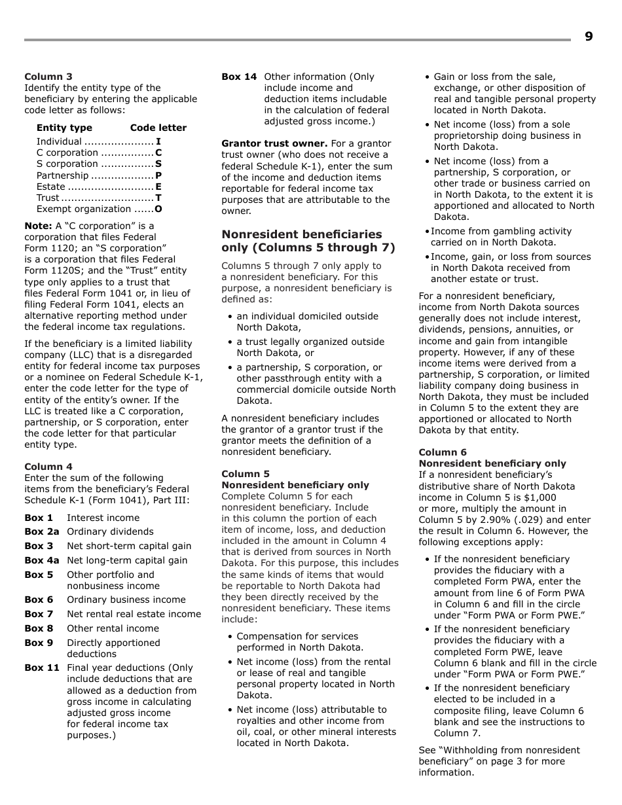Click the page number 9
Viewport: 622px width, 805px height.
tap(589, 37)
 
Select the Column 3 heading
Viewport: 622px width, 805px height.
tap(48, 77)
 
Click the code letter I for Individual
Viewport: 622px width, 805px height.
tap(158, 141)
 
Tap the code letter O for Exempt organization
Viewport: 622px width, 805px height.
tap(158, 209)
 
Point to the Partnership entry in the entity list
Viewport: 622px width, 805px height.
tap(62, 175)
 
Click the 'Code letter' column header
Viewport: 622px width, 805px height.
tap(158, 128)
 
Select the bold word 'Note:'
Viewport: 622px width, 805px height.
tap(38, 226)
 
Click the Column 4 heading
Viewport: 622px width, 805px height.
tap(48, 467)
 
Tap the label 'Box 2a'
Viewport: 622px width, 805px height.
tap(41, 531)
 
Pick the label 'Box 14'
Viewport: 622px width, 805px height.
tap(239, 77)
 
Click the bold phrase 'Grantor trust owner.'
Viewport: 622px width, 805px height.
tap(274, 143)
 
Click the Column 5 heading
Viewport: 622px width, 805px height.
tap(246, 474)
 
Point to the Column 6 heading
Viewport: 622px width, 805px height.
tap(443, 452)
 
